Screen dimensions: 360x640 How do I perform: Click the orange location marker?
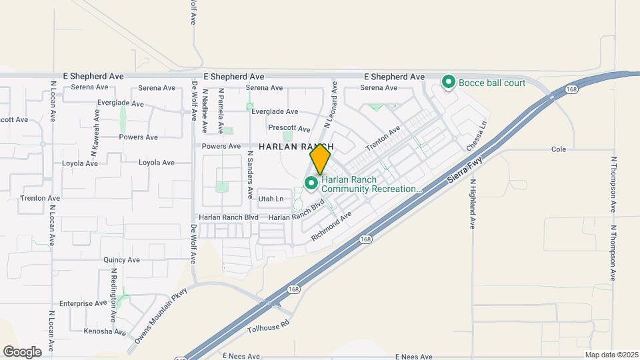click(320, 159)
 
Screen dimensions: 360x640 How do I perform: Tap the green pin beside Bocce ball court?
click(449, 83)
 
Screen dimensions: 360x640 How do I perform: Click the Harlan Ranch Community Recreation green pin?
click(311, 182)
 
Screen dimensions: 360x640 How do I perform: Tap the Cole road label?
click(559, 149)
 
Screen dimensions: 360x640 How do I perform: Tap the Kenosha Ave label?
click(105, 331)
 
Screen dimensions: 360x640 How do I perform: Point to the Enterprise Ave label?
click(82, 303)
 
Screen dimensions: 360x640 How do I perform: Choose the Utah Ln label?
click(271, 199)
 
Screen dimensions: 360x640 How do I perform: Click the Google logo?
click(22, 351)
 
